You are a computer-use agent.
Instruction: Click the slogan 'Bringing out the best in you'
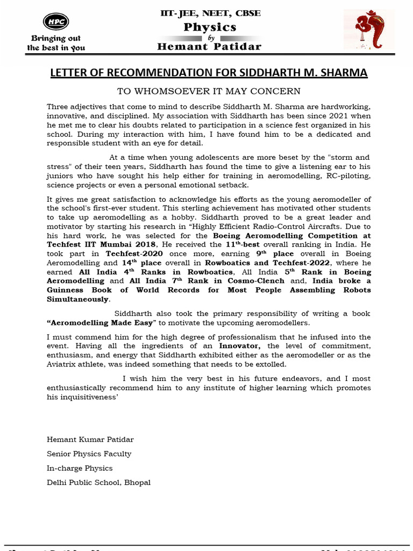coord(56,43)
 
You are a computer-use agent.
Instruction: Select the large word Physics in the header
coord(210,27)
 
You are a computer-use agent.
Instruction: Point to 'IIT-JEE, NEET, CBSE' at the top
coord(210,13)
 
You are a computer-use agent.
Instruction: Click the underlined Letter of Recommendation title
coord(209,73)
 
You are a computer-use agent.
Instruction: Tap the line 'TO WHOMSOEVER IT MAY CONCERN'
coord(209,91)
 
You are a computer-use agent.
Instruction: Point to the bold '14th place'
coord(142,263)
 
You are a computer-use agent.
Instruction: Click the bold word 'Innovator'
coord(240,345)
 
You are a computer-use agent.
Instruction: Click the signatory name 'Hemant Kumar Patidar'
coord(90,440)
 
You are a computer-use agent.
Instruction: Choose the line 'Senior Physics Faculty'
coord(89,454)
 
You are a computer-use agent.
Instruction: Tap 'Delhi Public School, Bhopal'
coord(99,482)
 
